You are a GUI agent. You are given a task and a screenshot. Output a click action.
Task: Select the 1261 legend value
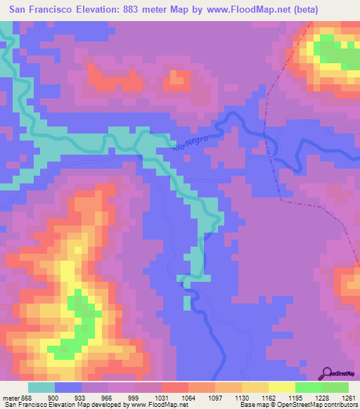tap(345, 398)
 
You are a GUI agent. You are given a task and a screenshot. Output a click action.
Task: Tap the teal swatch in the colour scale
tap(41, 387)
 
